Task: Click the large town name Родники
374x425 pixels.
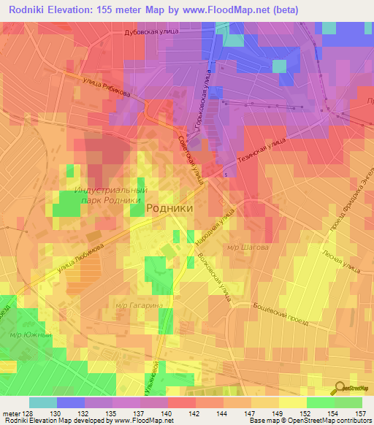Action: click(x=170, y=207)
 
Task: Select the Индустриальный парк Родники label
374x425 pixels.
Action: click(x=111, y=196)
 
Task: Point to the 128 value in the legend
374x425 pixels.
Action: click(x=27, y=413)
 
